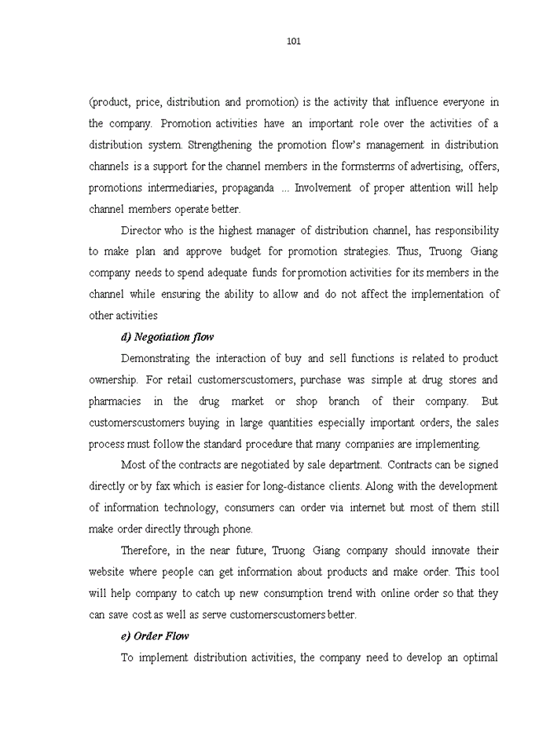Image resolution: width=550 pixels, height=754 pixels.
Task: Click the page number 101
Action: [x=294, y=42]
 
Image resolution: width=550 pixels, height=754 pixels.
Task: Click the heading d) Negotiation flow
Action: [x=167, y=337]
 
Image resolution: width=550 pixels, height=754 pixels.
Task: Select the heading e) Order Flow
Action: [x=154, y=636]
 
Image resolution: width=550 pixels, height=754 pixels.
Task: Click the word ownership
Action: [x=113, y=380]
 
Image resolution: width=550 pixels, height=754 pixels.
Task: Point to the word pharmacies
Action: [x=115, y=401]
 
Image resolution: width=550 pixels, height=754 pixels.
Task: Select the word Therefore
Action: [x=147, y=551]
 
